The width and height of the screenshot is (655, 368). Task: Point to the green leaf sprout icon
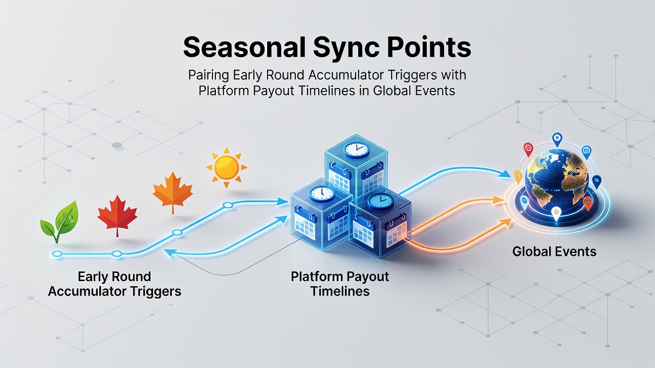point(60,221)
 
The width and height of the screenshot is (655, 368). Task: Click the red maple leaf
point(117,215)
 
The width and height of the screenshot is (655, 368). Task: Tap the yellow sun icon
point(227,167)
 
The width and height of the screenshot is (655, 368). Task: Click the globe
point(556,179)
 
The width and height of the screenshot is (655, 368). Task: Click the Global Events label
point(554,251)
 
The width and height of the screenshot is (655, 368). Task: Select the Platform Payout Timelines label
point(340,284)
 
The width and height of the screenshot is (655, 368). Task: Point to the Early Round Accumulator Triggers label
point(115,284)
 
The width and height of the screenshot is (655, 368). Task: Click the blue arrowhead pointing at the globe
point(504,174)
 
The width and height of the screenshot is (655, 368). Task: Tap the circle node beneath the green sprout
point(57,254)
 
